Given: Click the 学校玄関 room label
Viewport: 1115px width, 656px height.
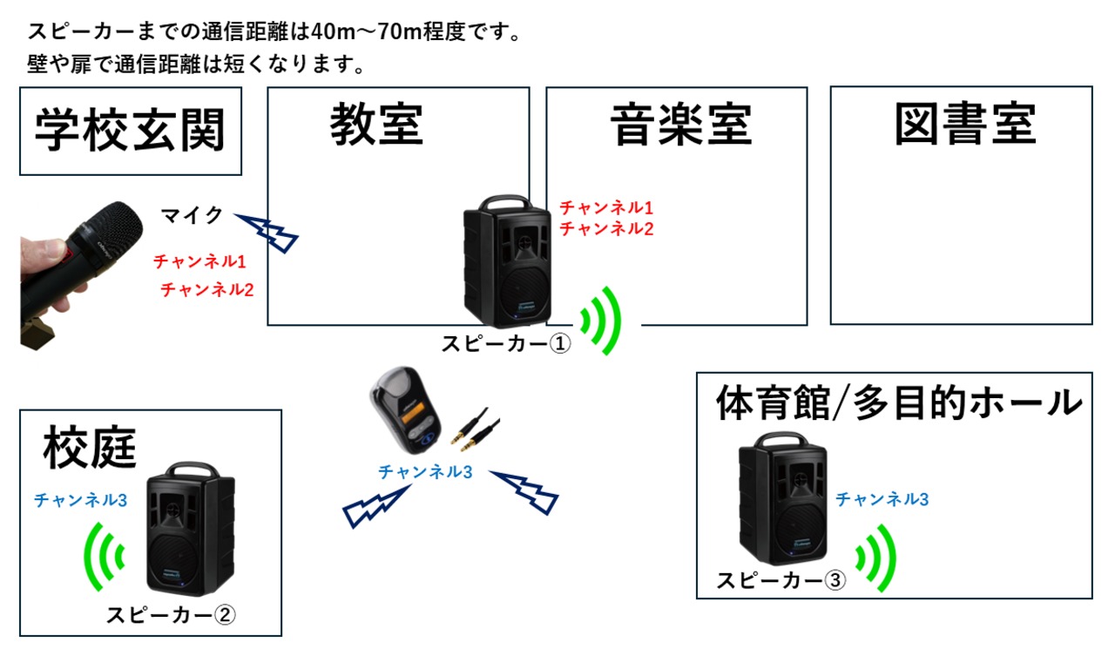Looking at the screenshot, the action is tap(131, 131).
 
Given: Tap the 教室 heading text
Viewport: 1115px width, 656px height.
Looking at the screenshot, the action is tap(377, 124).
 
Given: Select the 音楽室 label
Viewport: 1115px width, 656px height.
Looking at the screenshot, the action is tap(681, 125).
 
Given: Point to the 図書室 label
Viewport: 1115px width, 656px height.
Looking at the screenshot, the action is tap(965, 124).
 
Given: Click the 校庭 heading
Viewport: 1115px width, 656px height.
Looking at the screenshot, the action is tap(90, 447).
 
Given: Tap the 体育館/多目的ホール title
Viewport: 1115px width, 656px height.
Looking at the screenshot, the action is tap(899, 402).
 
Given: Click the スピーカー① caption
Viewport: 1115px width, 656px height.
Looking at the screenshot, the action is tap(506, 343).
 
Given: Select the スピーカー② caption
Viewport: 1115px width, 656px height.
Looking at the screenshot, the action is tap(171, 615).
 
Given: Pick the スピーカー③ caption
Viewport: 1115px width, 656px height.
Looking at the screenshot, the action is tap(780, 580).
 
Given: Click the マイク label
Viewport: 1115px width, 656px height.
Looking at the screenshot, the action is tap(192, 215).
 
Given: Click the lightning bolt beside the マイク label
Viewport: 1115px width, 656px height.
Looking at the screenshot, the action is tap(267, 233).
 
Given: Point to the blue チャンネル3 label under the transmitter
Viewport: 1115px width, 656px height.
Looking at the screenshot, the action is tap(425, 471).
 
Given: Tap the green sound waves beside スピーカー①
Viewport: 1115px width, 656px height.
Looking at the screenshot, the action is tap(601, 321).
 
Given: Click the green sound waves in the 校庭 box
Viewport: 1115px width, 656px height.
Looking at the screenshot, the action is tap(104, 557).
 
